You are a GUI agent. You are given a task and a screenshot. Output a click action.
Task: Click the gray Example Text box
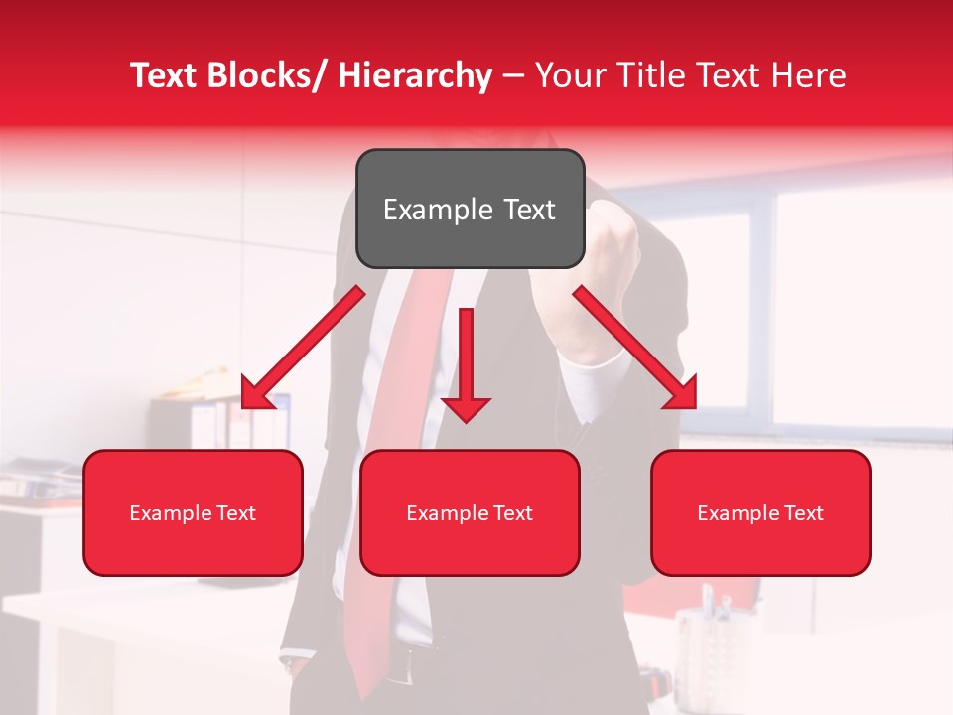pos(470,209)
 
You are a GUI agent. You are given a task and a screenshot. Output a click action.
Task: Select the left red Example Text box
pos(193,512)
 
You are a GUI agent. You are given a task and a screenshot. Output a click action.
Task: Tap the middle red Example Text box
pos(470,512)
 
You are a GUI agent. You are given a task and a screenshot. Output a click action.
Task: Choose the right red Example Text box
pos(760,512)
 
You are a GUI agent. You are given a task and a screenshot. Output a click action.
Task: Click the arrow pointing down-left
pos(303,349)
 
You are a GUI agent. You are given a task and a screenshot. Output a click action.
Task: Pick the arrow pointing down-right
pos(635,348)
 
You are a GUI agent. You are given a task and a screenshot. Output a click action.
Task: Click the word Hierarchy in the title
pos(415,75)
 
